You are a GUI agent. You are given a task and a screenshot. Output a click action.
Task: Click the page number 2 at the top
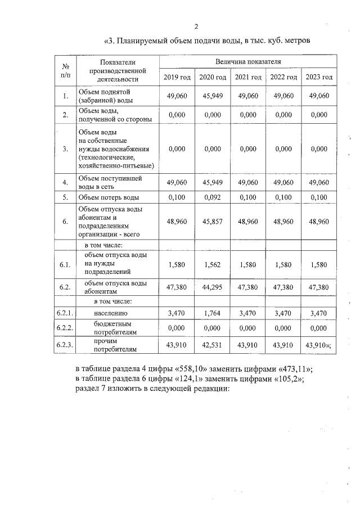click(196, 26)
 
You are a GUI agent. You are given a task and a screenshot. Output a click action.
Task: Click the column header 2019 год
click(177, 77)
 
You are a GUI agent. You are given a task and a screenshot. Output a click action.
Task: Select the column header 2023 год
click(319, 77)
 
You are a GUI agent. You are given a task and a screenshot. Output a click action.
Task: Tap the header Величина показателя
click(247, 61)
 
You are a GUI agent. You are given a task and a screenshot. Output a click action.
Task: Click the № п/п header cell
click(66, 70)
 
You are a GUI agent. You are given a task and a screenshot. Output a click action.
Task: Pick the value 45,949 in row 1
click(212, 96)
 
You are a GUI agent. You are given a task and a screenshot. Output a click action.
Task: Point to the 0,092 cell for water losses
click(212, 197)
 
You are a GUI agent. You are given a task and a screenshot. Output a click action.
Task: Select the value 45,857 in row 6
click(212, 222)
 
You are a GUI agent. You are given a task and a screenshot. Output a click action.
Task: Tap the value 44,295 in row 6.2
click(212, 287)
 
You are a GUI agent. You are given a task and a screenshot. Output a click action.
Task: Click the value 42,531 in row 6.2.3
click(212, 345)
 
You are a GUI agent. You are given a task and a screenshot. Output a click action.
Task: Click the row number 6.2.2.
click(65, 327)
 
